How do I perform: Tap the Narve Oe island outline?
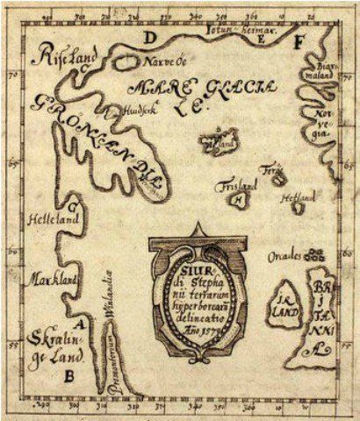pos(126,64)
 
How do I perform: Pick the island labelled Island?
pos(219,139)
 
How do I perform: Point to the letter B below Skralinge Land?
pos(68,378)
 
